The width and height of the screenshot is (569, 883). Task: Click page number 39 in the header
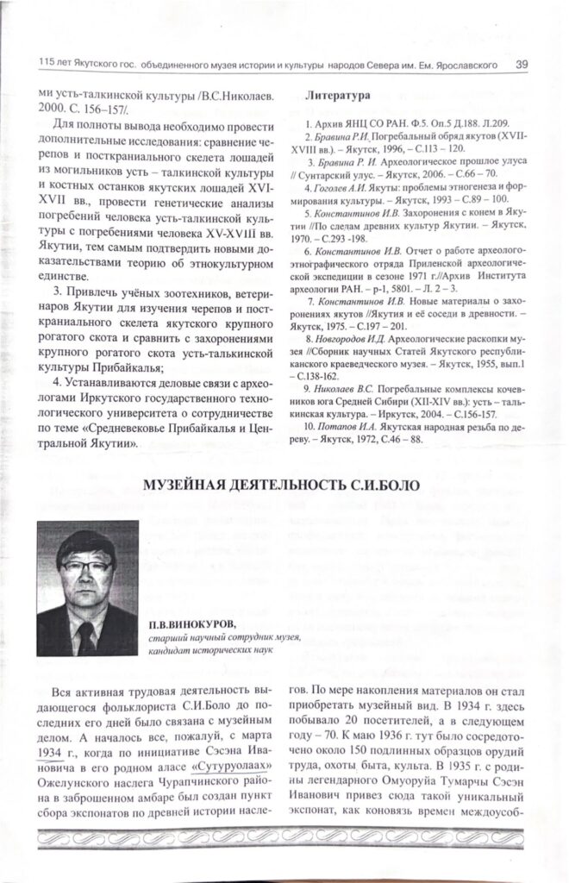(x=522, y=64)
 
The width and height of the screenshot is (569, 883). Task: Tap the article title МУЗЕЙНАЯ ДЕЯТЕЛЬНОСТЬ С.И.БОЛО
(x=281, y=487)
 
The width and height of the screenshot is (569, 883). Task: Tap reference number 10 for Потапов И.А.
(x=312, y=428)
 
